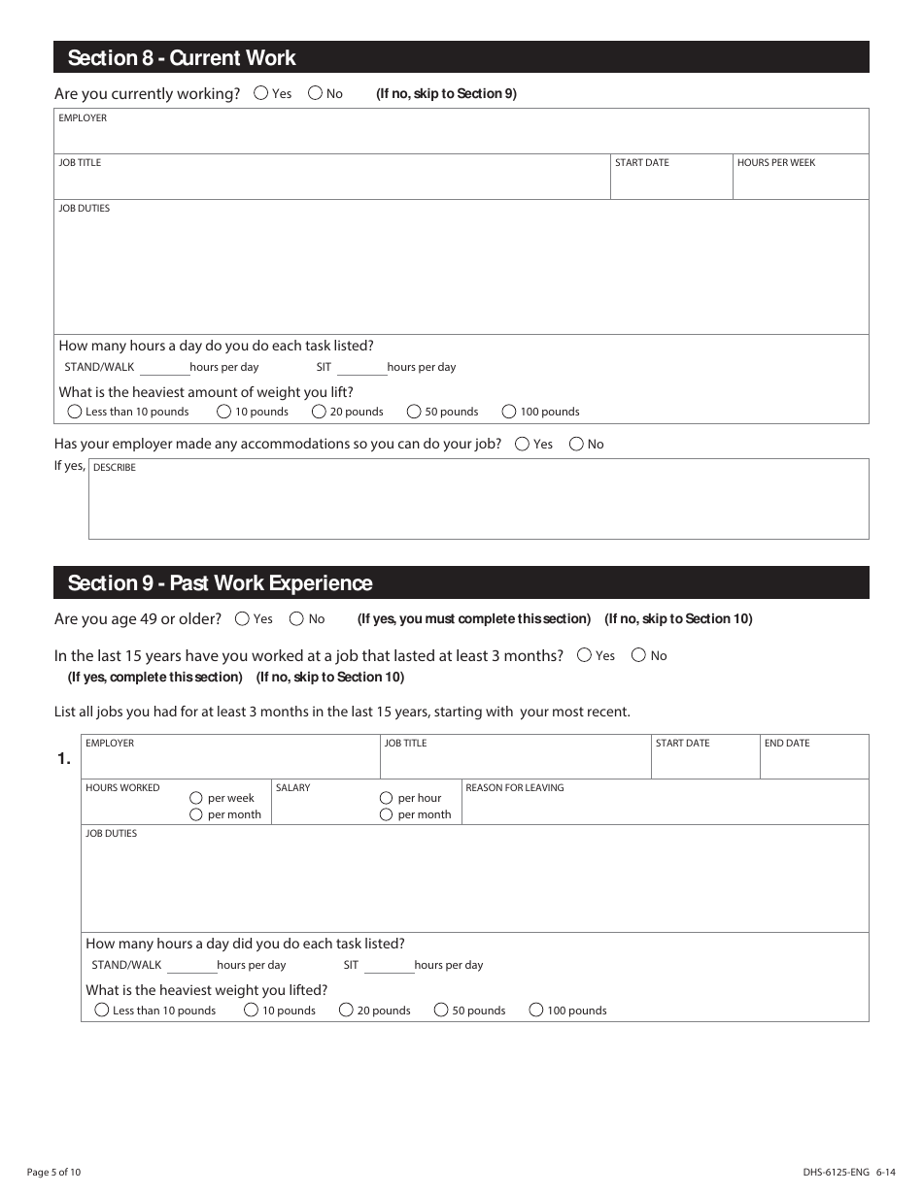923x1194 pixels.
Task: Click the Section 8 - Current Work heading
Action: coord(182,58)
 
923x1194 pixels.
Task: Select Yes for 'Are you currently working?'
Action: coord(261,93)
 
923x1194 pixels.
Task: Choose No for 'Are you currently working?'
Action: coord(316,93)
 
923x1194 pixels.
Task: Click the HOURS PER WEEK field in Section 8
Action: coord(800,182)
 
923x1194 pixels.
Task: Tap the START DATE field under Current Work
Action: coord(670,182)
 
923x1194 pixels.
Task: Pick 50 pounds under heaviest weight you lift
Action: coord(415,412)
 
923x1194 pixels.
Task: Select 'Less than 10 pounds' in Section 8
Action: coord(75,412)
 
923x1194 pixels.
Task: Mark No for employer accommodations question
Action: coord(577,444)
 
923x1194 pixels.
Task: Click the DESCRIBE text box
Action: coord(478,505)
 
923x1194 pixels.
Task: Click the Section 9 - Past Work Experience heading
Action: coord(220,583)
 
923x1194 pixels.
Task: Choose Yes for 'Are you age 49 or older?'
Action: coord(243,618)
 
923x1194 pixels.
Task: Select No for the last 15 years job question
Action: coord(639,655)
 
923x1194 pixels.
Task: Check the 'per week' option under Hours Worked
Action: coord(196,798)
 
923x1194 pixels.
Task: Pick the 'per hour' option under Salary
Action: coord(387,798)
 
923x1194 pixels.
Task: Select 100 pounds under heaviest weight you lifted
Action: coord(536,1011)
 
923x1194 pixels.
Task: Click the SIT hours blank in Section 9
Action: coord(389,966)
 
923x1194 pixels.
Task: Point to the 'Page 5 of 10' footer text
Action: coord(54,1173)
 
